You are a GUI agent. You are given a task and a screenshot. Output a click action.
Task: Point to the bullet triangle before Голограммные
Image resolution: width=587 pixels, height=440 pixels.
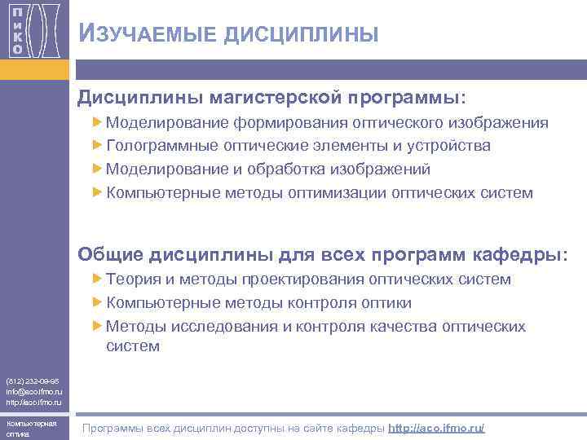coord(98,146)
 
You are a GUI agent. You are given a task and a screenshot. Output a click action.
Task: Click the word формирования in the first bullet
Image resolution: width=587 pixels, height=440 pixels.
coord(289,123)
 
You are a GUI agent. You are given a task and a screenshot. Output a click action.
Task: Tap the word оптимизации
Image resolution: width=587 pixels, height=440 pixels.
coord(342,193)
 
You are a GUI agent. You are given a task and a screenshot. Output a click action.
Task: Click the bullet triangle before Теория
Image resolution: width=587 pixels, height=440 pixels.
coord(98,279)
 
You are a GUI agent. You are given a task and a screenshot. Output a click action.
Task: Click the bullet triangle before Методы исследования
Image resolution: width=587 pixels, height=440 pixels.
coord(98,327)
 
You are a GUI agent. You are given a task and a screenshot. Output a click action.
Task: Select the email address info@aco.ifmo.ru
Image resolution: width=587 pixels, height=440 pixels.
coord(33,391)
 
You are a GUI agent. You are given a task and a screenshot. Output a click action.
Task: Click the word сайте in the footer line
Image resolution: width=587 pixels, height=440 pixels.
coord(322,428)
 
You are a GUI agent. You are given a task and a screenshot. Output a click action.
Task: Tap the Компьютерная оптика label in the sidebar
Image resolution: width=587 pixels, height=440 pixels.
coord(31,429)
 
